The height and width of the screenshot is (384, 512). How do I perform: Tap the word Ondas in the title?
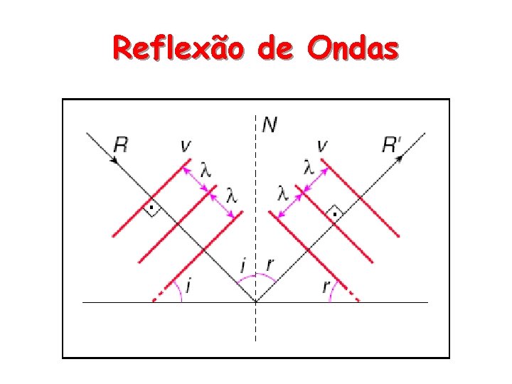[x=353, y=49]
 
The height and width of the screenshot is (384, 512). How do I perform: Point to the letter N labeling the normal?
[x=270, y=126]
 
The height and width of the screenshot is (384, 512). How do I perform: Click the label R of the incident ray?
[x=121, y=146]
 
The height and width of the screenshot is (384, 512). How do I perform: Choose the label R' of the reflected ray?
[x=393, y=146]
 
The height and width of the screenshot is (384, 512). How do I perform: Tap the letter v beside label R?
[x=186, y=146]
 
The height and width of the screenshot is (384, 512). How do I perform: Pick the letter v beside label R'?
[x=323, y=146]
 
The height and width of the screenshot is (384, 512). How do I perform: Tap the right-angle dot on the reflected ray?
[x=333, y=212]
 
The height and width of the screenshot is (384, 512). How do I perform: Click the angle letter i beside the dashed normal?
[x=243, y=267]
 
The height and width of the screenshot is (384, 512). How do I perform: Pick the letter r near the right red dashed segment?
[x=326, y=287]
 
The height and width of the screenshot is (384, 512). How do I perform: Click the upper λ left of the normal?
[x=205, y=171]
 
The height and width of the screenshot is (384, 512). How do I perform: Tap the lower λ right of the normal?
[x=283, y=193]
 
